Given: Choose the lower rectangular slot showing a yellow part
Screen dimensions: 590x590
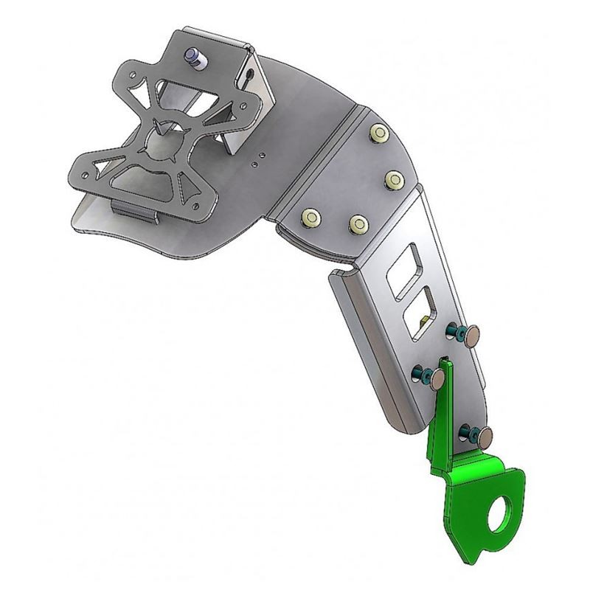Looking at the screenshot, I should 421,313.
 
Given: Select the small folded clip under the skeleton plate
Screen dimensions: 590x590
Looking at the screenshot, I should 138,210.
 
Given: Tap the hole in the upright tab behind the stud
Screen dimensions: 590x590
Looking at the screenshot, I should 253,74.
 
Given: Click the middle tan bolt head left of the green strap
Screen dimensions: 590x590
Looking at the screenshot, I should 437,380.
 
